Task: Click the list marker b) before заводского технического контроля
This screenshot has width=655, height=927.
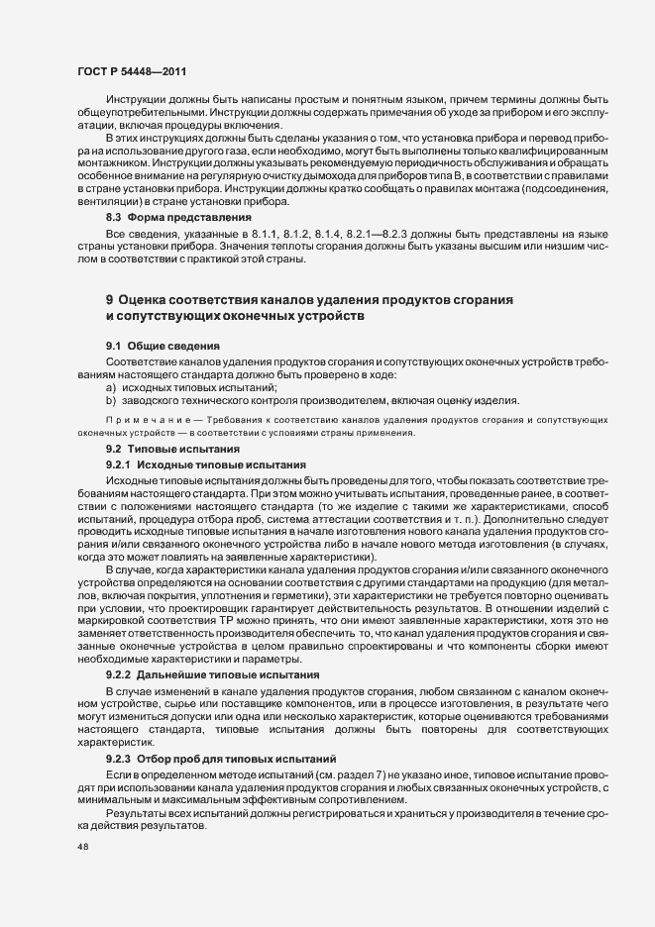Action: click(x=111, y=400)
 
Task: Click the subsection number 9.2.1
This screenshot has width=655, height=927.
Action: click(x=118, y=464)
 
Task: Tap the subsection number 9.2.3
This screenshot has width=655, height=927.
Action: click(x=118, y=758)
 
